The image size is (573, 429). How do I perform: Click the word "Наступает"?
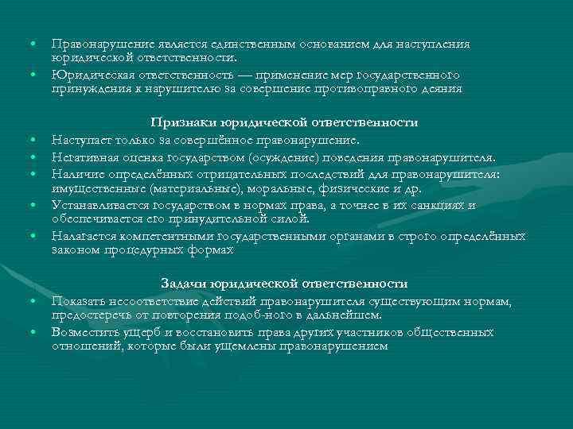tap(77, 141)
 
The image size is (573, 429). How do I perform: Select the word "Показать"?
tap(75, 301)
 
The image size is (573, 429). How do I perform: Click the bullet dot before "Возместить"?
tap(35, 332)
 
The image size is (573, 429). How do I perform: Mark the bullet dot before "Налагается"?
tap(35, 236)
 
